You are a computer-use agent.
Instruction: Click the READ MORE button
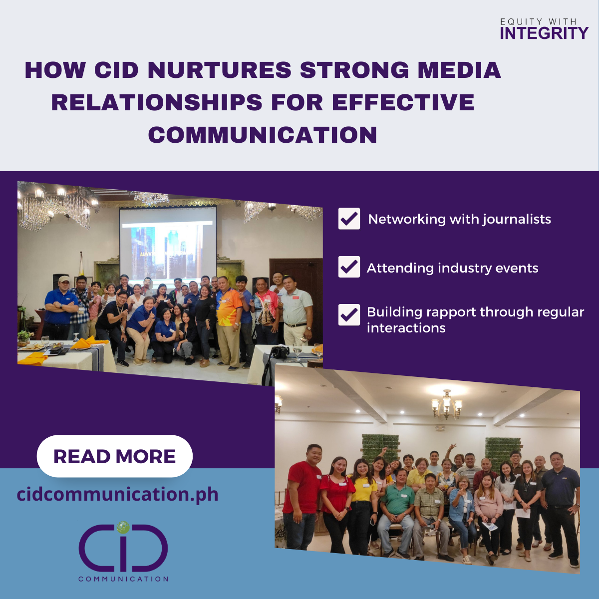click(x=114, y=456)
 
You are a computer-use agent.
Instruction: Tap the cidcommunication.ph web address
click(x=118, y=494)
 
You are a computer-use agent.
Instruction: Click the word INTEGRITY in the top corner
click(x=544, y=33)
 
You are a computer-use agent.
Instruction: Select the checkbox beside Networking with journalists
click(x=349, y=219)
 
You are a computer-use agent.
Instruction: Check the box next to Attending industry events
click(x=349, y=267)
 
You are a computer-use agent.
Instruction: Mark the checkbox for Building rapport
click(x=349, y=315)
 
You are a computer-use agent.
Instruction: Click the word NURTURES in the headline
click(x=220, y=70)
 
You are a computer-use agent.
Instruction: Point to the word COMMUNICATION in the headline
click(x=263, y=135)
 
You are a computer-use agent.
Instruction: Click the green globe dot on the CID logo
click(x=122, y=527)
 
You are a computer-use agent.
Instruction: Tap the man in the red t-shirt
click(x=302, y=494)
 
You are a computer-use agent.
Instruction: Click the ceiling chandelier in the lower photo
click(x=446, y=404)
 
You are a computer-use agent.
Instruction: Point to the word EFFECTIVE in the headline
click(x=403, y=103)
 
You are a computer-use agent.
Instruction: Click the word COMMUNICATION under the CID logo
click(x=123, y=579)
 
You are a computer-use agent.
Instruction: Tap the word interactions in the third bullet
click(x=406, y=328)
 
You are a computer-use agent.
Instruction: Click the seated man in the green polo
click(x=397, y=509)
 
